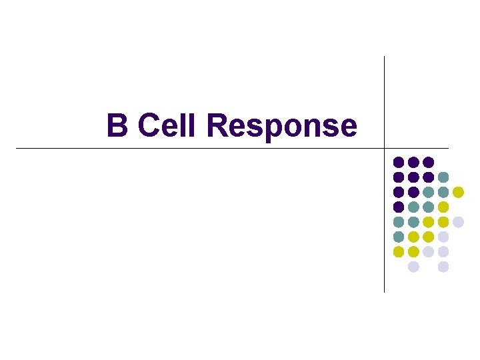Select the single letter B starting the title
[x=117, y=125]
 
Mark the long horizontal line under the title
[x=200, y=147]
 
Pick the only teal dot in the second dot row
[x=443, y=177]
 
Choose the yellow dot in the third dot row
[x=458, y=192]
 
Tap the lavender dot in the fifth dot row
[x=458, y=222]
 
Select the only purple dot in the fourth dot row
[x=398, y=207]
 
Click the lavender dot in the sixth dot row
[x=443, y=237]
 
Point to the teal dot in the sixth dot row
[x=398, y=237]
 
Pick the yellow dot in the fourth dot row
[x=443, y=207]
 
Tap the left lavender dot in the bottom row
[x=413, y=267]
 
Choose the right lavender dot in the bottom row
[x=443, y=267]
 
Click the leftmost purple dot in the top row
[x=398, y=162]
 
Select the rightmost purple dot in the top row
[x=428, y=162]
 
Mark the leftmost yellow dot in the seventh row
[x=398, y=251]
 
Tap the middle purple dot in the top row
[x=413, y=162]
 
